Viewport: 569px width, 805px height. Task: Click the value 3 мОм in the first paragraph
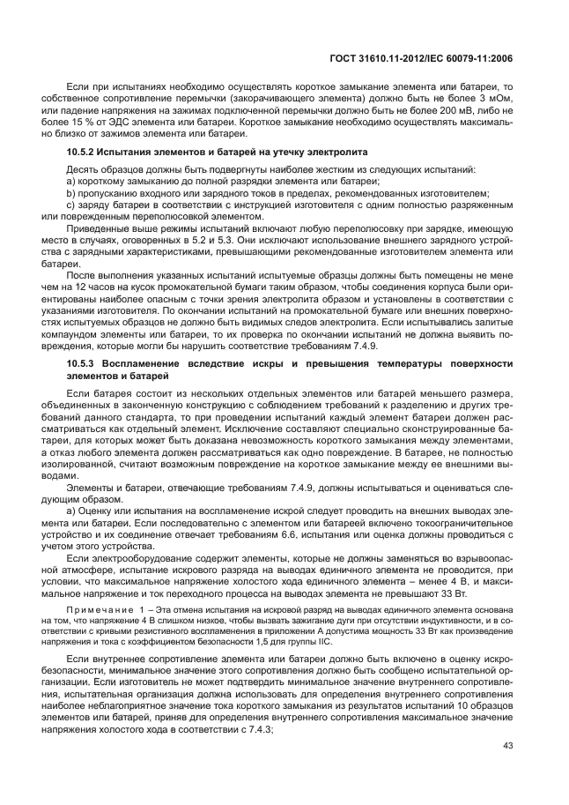point(498,100)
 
